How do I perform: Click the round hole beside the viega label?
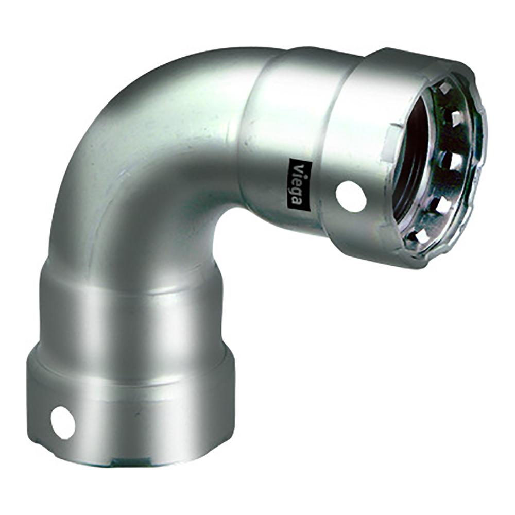[x=351, y=196]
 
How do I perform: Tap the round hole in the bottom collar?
[x=63, y=423]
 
